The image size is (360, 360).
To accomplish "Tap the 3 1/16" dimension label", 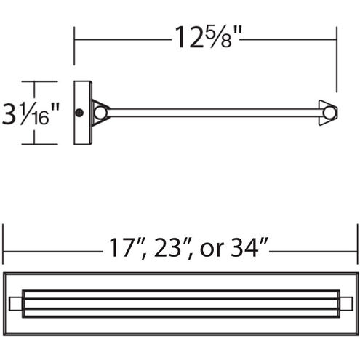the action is [x=31, y=113].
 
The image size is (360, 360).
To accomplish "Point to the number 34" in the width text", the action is [x=249, y=247].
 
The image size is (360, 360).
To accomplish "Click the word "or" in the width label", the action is [x=212, y=249].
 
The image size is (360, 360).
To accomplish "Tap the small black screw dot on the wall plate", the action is [x=79, y=113].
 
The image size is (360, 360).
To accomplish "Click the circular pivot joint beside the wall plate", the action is [x=100, y=113].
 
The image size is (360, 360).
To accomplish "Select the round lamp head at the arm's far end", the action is [x=329, y=113].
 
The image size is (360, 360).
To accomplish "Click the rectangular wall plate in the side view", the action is [x=83, y=113].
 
